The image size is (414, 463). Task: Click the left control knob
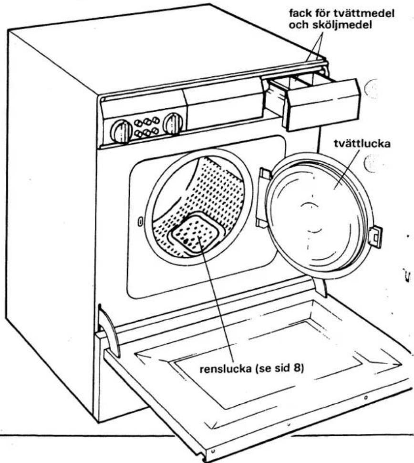[x=121, y=131]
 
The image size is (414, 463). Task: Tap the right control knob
[x=173, y=124]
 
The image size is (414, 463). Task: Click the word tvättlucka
[x=362, y=144]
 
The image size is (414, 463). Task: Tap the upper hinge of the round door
[x=265, y=174]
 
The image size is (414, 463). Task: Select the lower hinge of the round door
[x=261, y=222]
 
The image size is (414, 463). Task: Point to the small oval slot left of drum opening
[x=141, y=222]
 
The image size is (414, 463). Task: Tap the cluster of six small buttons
[x=146, y=127]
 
